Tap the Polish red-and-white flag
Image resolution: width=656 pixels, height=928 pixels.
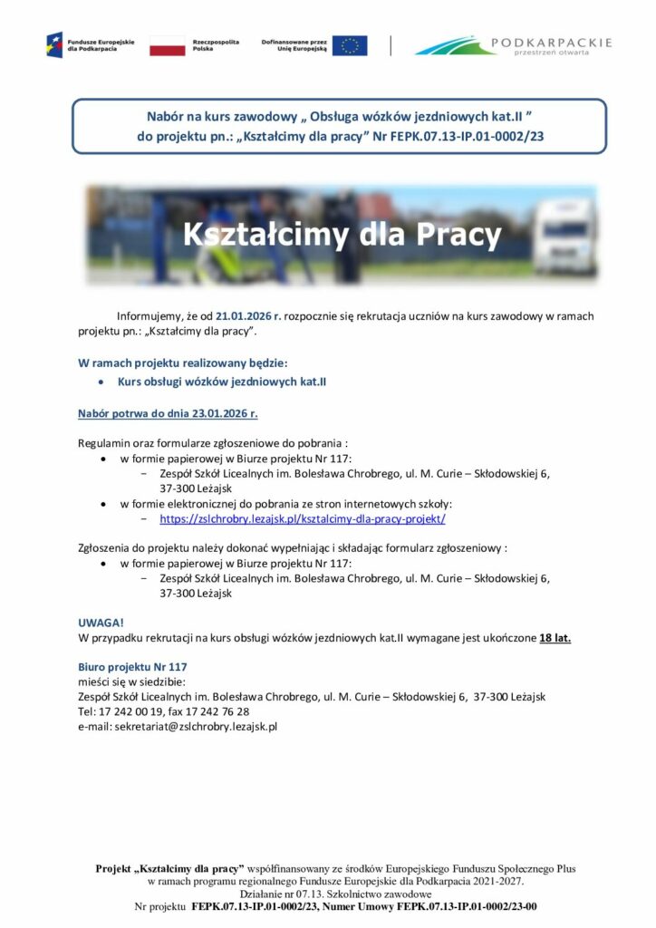pos(166,46)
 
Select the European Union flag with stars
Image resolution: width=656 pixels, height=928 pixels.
pos(350,46)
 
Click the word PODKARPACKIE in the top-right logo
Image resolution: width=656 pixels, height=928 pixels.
pos(549,42)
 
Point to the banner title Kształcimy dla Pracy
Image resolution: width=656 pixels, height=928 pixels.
pos(342,235)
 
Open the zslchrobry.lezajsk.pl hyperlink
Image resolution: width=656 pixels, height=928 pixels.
pos(302,519)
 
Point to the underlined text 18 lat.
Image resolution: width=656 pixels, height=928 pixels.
pos(555,638)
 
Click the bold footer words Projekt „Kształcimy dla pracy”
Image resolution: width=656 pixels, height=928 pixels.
pos(169,868)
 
